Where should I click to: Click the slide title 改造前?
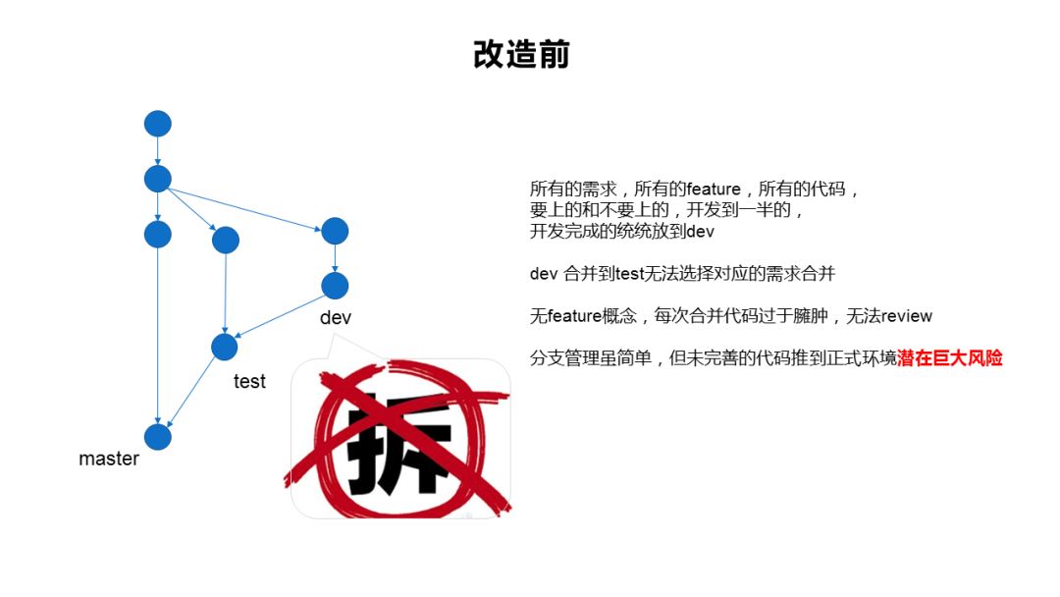(521, 55)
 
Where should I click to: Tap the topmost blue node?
(158, 124)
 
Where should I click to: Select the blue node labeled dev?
(335, 286)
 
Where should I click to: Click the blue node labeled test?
(225, 347)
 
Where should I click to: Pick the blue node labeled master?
(158, 437)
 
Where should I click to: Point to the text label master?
(109, 460)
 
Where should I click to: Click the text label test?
(249, 382)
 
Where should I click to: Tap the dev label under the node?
(335, 318)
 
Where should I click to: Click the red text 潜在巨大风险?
(950, 359)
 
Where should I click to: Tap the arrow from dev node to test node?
(280, 316)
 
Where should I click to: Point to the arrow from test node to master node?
(191, 392)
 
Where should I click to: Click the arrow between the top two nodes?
(158, 151)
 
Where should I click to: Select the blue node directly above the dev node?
(335, 231)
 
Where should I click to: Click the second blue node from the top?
(158, 179)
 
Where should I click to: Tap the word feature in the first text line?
(714, 190)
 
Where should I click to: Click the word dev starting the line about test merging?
(544, 274)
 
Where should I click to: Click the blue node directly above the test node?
(226, 240)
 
